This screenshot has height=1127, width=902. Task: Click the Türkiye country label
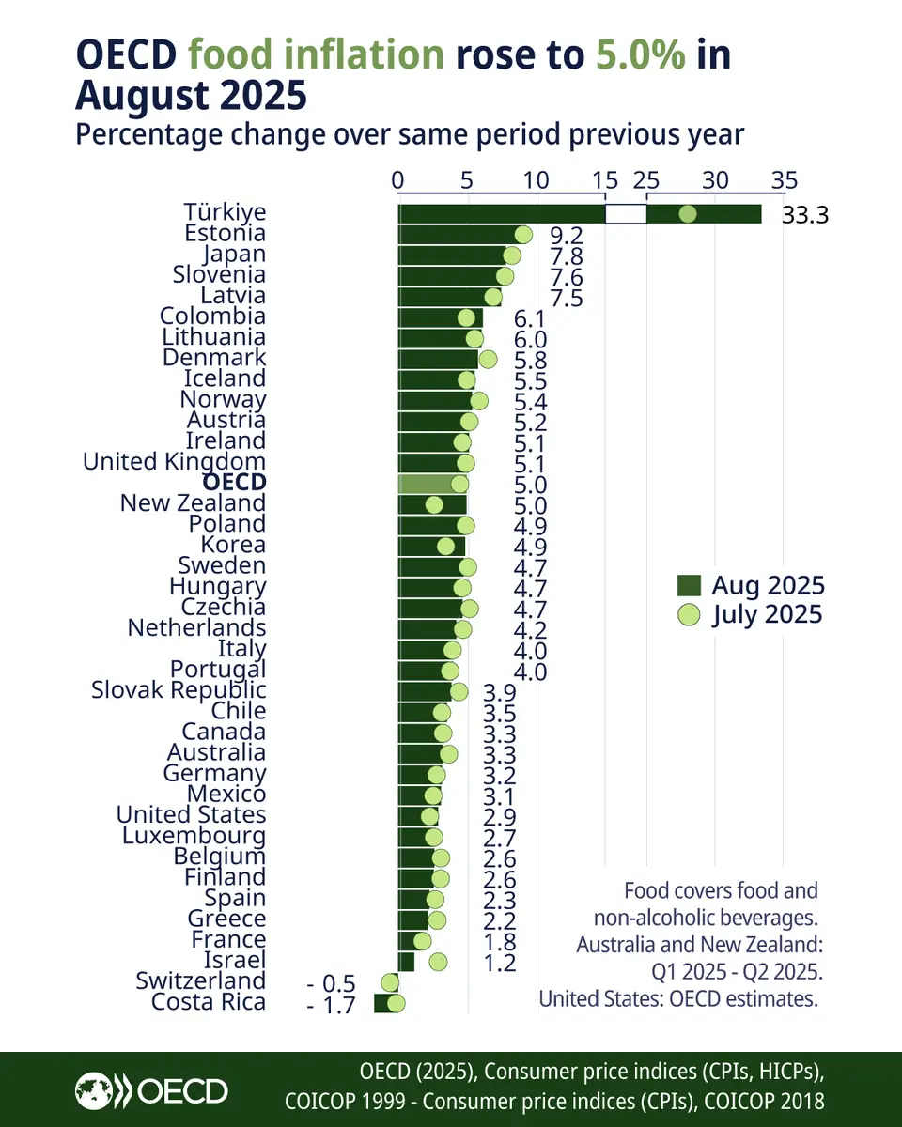click(225, 213)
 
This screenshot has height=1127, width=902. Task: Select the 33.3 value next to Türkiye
click(804, 215)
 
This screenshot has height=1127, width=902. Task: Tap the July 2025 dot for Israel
click(438, 961)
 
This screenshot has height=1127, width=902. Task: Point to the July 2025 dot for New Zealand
click(433, 504)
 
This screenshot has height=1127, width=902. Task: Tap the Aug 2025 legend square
click(689, 586)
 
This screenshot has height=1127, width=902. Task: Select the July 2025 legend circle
click(689, 615)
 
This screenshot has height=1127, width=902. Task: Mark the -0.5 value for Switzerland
click(331, 983)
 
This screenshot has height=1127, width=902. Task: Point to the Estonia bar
click(460, 234)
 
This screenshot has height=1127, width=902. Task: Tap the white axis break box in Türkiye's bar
click(626, 214)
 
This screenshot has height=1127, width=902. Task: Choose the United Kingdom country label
click(174, 462)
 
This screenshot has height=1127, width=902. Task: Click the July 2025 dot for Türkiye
click(687, 214)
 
